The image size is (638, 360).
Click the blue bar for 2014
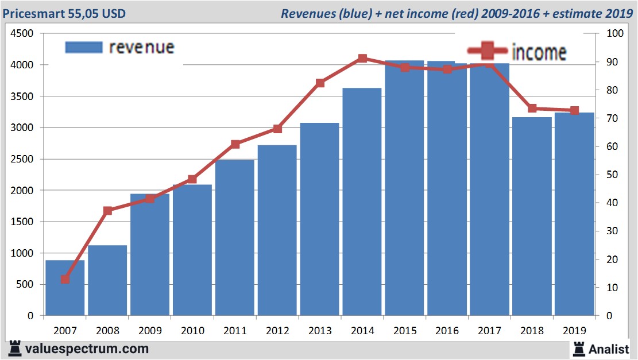click(x=362, y=202)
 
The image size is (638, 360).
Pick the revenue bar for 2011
click(x=234, y=238)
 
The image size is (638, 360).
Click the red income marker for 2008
click(x=107, y=211)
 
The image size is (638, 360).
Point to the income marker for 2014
click(x=362, y=59)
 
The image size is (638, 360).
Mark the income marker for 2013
click(x=320, y=83)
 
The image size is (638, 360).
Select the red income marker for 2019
click(x=574, y=110)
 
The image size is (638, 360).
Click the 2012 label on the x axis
click(x=277, y=331)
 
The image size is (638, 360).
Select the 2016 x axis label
click(x=447, y=331)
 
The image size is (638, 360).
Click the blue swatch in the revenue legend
click(x=84, y=47)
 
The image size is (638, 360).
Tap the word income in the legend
click(x=538, y=53)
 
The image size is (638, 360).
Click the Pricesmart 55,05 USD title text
click(x=64, y=13)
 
